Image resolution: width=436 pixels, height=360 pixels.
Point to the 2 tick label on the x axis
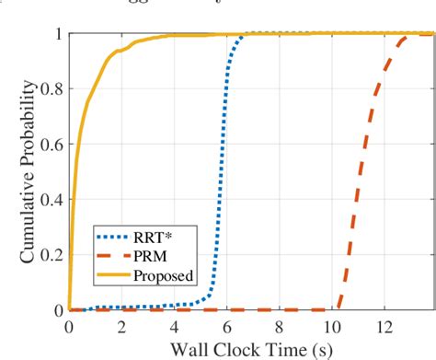[121, 326]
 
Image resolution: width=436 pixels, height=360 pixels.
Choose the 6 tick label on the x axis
[227, 326]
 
